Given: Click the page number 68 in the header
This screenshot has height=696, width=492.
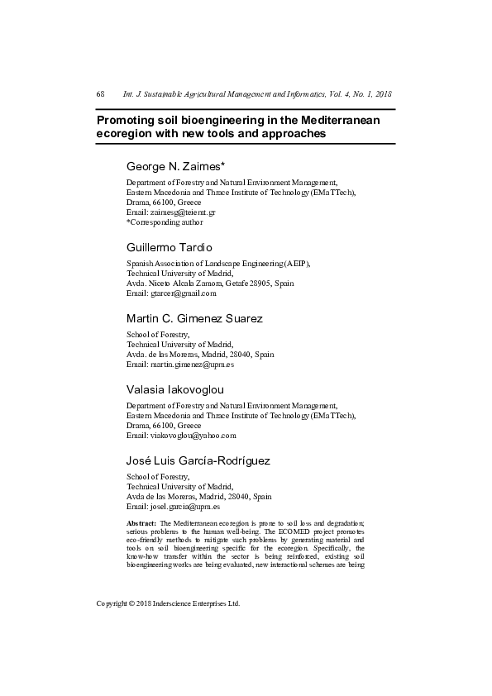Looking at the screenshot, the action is [100, 95].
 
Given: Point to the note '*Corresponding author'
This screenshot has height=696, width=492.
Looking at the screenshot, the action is [164, 222].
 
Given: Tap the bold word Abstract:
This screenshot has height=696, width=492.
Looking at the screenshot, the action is [141, 524].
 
